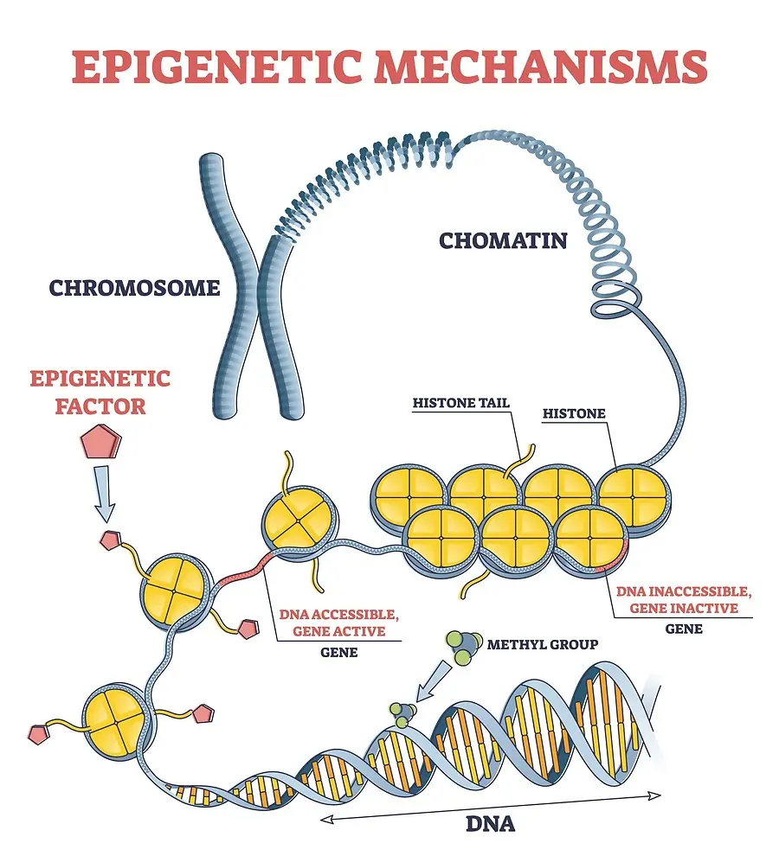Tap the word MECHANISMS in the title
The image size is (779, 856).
[x=536, y=68]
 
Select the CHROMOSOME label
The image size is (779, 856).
[x=134, y=287]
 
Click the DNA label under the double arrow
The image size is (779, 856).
[x=490, y=822]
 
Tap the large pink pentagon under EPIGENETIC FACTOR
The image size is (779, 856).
[x=100, y=443]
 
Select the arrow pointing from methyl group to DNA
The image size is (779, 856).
[x=436, y=678]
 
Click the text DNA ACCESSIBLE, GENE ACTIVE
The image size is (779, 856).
[x=338, y=623]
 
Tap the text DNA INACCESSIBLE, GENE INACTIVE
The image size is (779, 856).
[x=684, y=599]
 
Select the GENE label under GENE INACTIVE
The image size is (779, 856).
[x=683, y=629]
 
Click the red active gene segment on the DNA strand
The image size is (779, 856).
[x=239, y=570]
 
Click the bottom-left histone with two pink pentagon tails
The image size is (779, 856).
[x=119, y=715]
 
